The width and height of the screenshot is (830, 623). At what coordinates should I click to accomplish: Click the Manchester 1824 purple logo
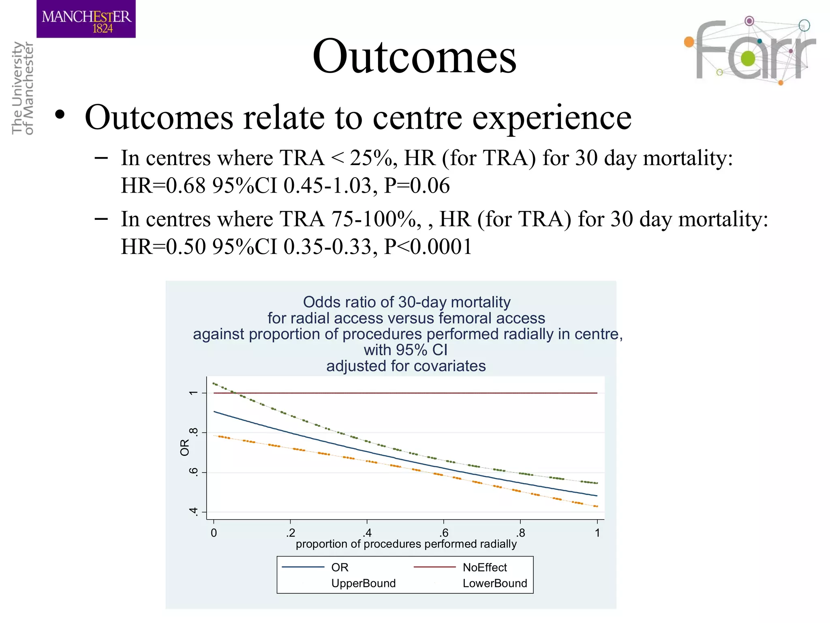[x=86, y=19]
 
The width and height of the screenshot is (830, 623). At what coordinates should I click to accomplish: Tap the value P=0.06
[x=417, y=186]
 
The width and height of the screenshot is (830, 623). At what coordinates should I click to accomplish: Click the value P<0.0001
[x=428, y=247]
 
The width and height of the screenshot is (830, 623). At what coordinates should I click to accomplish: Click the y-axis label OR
[x=185, y=447]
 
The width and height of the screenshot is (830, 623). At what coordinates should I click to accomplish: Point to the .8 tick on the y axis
[x=194, y=432]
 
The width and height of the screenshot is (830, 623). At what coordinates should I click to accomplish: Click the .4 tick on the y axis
[x=194, y=512]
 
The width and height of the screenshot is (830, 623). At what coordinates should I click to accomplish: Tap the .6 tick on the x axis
[x=444, y=533]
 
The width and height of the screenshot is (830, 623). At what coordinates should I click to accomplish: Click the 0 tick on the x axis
[x=214, y=533]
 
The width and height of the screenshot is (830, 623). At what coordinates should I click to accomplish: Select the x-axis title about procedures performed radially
[x=406, y=544]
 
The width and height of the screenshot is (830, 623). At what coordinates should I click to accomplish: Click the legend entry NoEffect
[x=485, y=567]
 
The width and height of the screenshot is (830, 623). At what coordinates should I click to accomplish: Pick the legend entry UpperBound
[x=363, y=583]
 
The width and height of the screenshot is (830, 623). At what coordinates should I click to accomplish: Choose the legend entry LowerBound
[x=495, y=583]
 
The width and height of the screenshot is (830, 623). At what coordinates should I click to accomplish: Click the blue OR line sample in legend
[x=303, y=567]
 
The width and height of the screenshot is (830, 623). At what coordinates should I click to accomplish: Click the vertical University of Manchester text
[x=22, y=88]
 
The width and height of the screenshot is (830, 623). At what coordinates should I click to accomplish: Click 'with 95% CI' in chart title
[x=405, y=350]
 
